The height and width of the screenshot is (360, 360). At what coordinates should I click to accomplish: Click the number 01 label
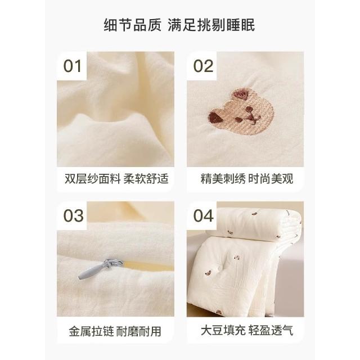pyautogui.click(x=73, y=66)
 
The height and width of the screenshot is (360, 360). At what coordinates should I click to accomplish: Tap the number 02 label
pyautogui.click(x=203, y=66)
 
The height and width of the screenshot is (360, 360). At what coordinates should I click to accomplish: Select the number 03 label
pyautogui.click(x=74, y=215)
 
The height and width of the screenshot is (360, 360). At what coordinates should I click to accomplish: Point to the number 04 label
pyautogui.click(x=204, y=215)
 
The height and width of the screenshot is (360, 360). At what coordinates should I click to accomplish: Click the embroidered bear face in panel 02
pyautogui.click(x=241, y=111)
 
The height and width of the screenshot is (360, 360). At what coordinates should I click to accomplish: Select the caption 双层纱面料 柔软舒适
pyautogui.click(x=116, y=179)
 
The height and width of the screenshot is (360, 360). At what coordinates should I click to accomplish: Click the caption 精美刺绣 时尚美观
pyautogui.click(x=247, y=179)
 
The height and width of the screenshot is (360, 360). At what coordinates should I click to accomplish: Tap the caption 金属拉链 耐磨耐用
pyautogui.click(x=115, y=331)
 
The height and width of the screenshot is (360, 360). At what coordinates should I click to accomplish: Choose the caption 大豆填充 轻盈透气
pyautogui.click(x=247, y=330)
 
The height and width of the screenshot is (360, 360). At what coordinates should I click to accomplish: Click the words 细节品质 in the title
pyautogui.click(x=133, y=25)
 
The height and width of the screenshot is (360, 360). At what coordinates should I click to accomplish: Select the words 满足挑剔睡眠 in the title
pyautogui.click(x=211, y=25)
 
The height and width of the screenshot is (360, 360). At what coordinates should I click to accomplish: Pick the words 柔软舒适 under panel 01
pyautogui.click(x=146, y=179)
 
